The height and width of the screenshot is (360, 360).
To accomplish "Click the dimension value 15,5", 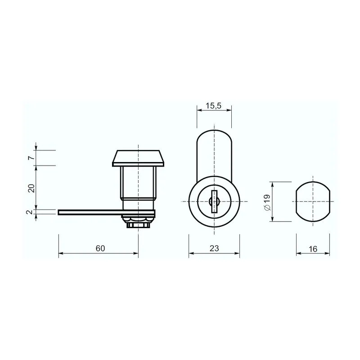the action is click(x=213, y=106).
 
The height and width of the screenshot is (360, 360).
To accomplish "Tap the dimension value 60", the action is click(x=100, y=248).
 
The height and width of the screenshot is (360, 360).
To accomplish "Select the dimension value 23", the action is click(x=214, y=248).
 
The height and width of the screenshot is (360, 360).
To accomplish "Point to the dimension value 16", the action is click(x=313, y=249).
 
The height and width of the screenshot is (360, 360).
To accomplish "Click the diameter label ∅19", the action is click(x=268, y=202).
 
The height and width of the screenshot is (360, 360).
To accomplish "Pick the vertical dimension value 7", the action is click(x=31, y=158).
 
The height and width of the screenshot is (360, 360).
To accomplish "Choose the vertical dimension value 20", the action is click(x=31, y=188).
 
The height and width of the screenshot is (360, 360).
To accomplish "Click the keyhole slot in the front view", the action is click(x=215, y=202).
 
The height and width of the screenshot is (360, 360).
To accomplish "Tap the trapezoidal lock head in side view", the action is click(x=138, y=158).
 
